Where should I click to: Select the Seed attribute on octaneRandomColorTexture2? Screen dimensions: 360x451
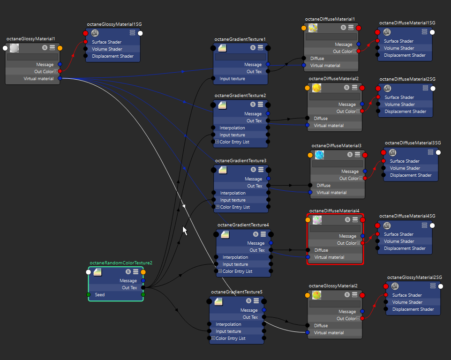tap(100, 295)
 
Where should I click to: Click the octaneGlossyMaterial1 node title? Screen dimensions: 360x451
tap(31, 39)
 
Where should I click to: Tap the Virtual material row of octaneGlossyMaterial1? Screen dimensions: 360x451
tap(38, 79)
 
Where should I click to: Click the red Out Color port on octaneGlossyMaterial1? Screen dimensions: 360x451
tap(60, 71)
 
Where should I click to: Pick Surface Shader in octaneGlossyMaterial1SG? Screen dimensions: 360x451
tap(107, 42)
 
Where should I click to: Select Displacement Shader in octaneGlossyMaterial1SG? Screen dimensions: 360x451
tap(113, 56)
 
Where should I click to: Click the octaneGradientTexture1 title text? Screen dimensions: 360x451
tap(240, 39)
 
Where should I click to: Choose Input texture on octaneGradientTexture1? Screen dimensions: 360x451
tap(232, 79)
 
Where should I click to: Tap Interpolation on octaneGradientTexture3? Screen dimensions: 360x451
tap(233, 193)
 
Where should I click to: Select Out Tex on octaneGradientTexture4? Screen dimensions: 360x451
tap(257, 250)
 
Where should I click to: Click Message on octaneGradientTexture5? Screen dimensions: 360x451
tap(249, 310)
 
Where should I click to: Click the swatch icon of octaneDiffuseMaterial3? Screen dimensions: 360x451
tap(320, 155)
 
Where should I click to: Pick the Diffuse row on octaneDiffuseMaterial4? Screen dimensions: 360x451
tap(321, 250)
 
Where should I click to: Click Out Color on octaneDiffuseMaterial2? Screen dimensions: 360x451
tap(346, 112)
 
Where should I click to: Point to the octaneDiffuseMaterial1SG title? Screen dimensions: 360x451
tap(407, 22)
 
